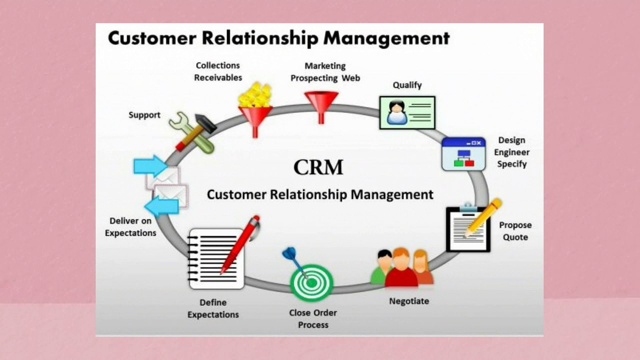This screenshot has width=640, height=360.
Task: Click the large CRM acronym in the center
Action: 318,167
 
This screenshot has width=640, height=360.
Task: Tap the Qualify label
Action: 407,85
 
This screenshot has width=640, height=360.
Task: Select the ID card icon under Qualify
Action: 407,112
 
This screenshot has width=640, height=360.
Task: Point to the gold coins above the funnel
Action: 255,95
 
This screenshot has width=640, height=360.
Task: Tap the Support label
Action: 144,115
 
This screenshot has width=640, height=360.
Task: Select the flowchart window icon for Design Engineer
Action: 463,154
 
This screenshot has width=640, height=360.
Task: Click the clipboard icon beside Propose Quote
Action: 468,229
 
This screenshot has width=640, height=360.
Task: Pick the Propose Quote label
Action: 515,231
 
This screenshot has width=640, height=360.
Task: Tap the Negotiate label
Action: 409,301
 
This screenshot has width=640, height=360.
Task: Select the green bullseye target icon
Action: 311,282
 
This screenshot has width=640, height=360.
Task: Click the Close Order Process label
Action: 313,318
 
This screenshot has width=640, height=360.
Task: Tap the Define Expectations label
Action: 213,308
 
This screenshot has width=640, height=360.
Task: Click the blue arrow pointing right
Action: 150,165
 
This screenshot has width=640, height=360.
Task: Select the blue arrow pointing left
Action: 161,205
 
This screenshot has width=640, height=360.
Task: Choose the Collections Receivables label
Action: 218,71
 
